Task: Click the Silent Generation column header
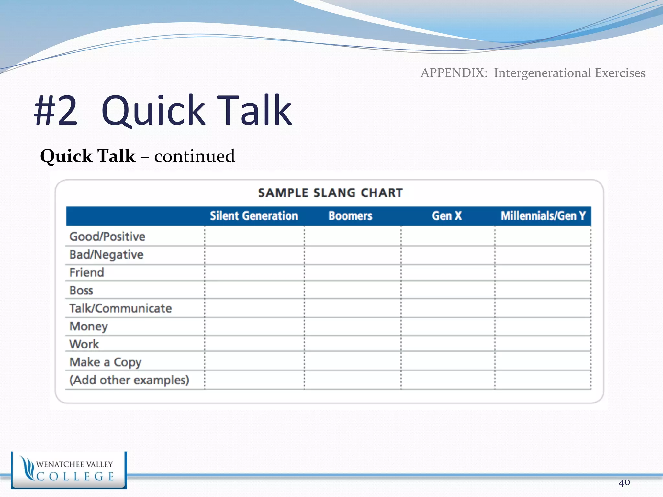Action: (254, 216)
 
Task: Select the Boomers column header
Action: (350, 216)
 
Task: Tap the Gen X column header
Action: (446, 216)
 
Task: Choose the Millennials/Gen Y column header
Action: (543, 216)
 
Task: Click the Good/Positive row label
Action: (107, 237)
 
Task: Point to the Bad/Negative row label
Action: (106, 255)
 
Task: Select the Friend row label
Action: (87, 272)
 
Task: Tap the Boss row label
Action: (81, 291)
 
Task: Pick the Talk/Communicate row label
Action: (120, 308)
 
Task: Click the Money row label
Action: (88, 326)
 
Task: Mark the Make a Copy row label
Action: (106, 362)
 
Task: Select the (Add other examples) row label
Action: (129, 380)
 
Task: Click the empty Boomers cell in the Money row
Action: (353, 326)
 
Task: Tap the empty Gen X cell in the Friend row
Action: (448, 273)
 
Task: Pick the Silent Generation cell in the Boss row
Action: (254, 290)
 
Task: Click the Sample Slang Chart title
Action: (331, 193)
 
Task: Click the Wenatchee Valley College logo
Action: (69, 470)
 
